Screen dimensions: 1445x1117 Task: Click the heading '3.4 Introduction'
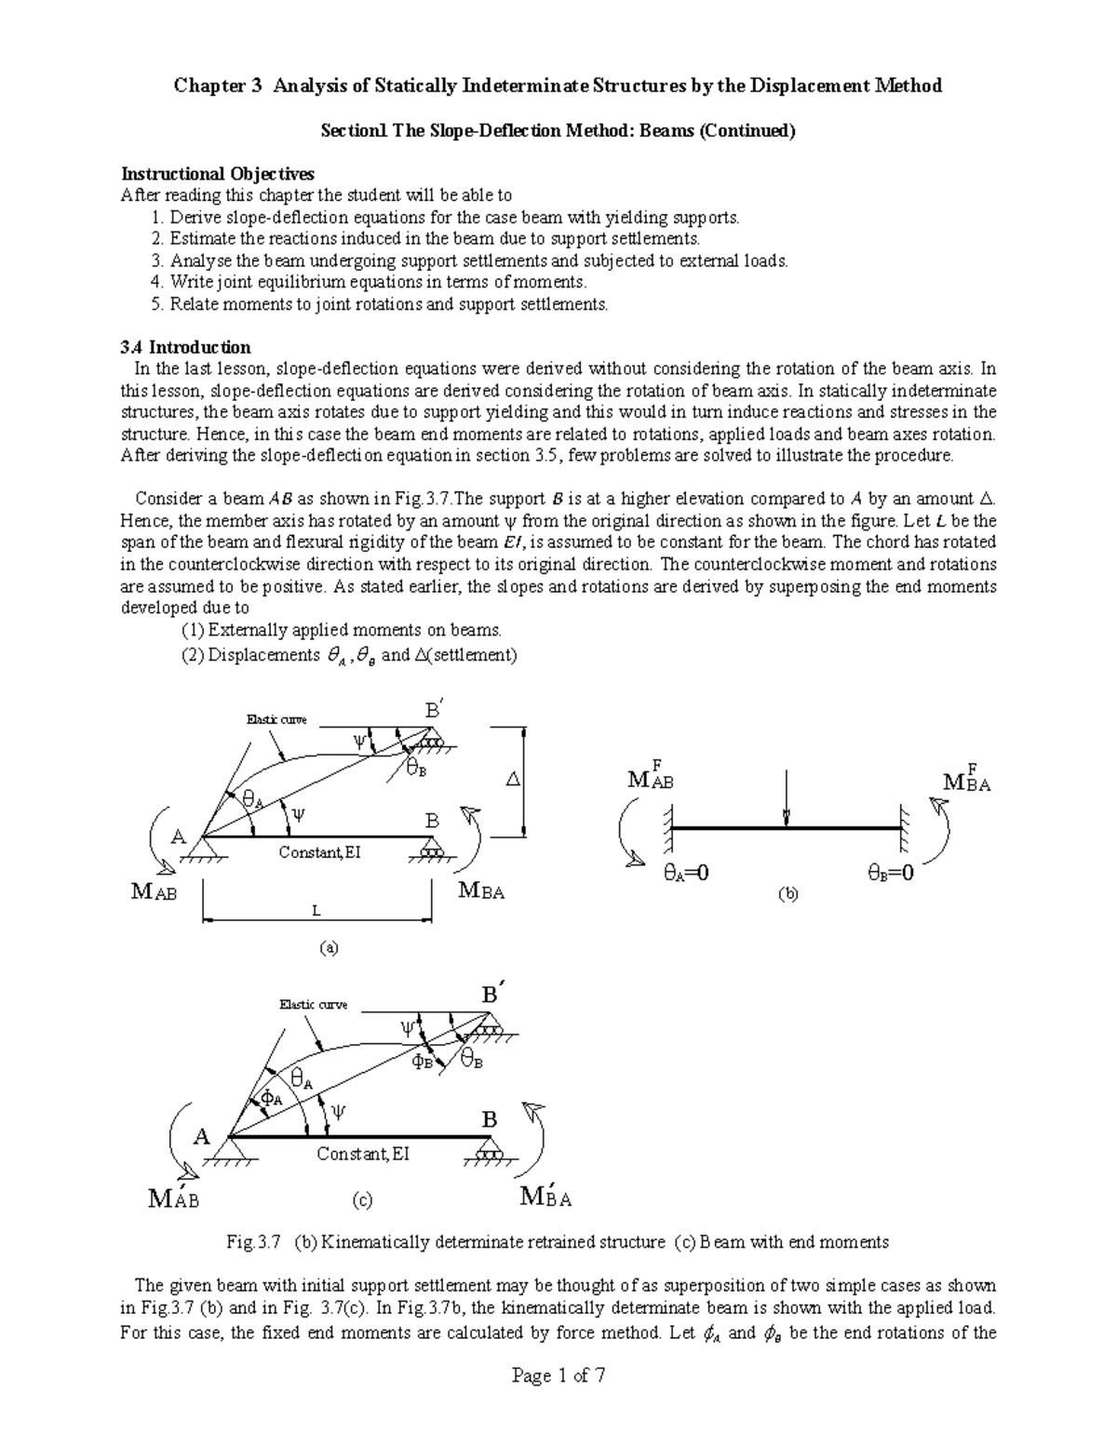[x=186, y=347]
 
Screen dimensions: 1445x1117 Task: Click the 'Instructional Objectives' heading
[x=218, y=174]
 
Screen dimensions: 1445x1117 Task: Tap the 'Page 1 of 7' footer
[x=558, y=1377]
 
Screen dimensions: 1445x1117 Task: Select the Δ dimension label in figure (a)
[x=511, y=780]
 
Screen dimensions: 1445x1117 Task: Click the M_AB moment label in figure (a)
[x=154, y=891]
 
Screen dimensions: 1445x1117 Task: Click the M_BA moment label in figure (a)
[x=482, y=891]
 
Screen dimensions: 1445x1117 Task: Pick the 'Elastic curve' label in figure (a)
[x=276, y=719]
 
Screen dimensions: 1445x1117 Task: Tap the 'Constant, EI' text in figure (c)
[x=362, y=1154]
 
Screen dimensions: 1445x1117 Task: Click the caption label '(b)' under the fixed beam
[x=788, y=894]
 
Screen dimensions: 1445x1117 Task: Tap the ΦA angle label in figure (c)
[x=271, y=1098]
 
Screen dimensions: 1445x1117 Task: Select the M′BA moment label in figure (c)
[x=546, y=1197]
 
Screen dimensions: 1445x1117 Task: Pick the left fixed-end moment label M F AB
[x=650, y=776]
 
